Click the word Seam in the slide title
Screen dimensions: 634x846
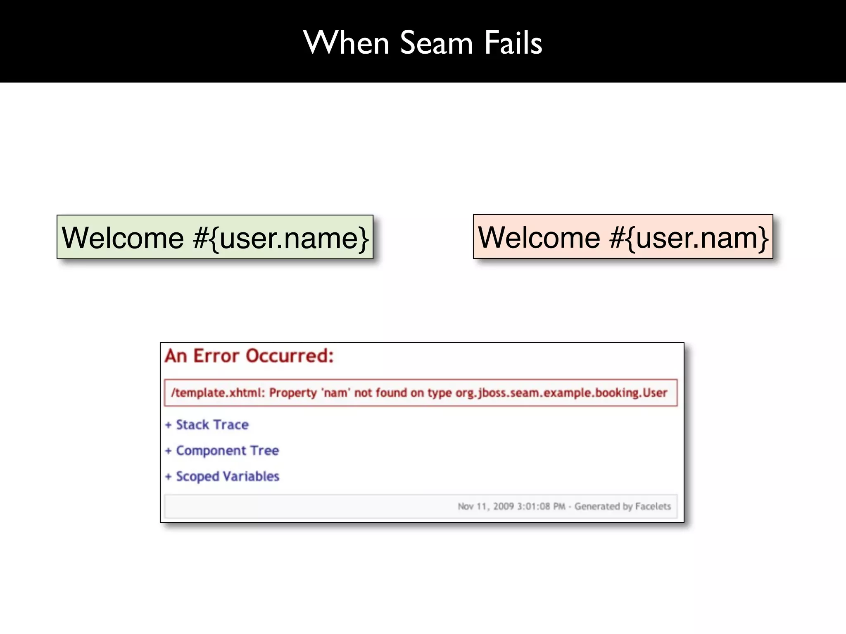tap(436, 43)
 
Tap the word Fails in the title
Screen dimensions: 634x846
tap(513, 43)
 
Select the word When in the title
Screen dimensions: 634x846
tap(346, 43)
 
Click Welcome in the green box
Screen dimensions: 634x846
tap(123, 238)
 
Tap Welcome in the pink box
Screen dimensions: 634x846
tap(539, 238)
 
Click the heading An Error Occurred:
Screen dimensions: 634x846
tap(249, 356)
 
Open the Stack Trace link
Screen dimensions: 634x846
tap(212, 425)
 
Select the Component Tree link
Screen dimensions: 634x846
tap(228, 450)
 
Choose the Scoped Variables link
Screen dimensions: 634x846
tap(228, 476)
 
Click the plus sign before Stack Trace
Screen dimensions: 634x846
tap(168, 425)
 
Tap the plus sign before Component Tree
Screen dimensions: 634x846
tap(168, 451)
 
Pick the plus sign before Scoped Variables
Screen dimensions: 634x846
tap(168, 477)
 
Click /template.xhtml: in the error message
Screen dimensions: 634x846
tap(218, 393)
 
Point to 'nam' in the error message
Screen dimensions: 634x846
tap(336, 393)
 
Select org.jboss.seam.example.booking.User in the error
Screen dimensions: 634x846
tap(561, 393)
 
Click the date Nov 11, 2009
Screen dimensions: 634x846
tap(485, 506)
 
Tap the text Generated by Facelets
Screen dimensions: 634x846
tap(623, 506)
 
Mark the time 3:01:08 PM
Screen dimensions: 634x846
tap(541, 506)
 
